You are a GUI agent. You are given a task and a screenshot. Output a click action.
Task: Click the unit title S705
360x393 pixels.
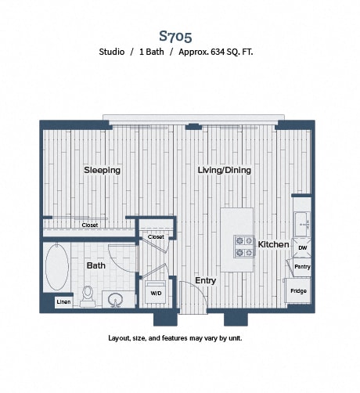coord(175,36)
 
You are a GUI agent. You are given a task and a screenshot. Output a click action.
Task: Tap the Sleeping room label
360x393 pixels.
coord(102,170)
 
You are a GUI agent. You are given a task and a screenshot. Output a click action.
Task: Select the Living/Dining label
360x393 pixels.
coord(224,170)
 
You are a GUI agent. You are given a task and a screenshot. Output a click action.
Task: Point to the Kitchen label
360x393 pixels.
coord(273,244)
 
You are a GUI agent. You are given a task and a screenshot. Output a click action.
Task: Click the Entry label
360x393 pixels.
coord(206,280)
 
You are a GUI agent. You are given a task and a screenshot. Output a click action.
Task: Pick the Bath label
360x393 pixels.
coord(96,265)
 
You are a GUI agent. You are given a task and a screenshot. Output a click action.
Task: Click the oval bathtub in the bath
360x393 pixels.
coord(57,267)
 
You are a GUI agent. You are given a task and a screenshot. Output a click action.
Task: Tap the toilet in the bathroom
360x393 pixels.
coord(88,297)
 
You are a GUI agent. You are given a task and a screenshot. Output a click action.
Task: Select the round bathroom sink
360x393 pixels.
coord(115,299)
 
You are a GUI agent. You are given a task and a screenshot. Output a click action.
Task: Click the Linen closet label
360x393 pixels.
coord(63,302)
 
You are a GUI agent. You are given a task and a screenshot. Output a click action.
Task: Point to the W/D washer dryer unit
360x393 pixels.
coord(156,292)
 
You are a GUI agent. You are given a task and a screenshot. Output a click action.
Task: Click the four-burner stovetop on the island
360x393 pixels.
coord(244,247)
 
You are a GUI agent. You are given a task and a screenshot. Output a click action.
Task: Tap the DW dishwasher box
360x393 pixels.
coord(302,247)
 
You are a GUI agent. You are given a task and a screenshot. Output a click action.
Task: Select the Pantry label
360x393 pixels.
coord(302,267)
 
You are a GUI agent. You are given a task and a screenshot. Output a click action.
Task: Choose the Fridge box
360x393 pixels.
coord(298,290)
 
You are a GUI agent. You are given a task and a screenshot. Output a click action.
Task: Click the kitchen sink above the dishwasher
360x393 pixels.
coord(302,224)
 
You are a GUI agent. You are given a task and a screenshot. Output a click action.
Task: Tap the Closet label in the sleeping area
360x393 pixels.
coord(90,225)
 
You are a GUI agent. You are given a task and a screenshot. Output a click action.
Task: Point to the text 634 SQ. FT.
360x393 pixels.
coord(232,52)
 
